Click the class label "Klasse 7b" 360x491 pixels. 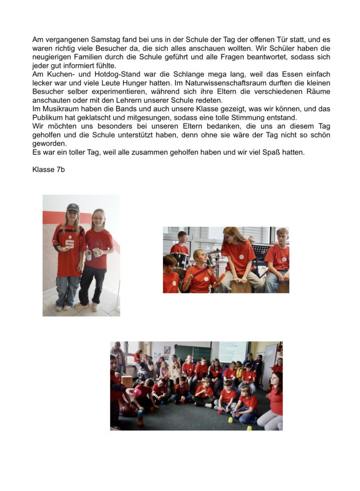pyautogui.click(x=48, y=169)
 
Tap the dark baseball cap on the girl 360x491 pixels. pyautogui.click(x=73, y=207)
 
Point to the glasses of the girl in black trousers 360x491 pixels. pyautogui.click(x=98, y=219)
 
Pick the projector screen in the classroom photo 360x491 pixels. pyautogui.click(x=233, y=351)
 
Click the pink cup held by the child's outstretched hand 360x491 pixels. pyautogui.click(x=138, y=392)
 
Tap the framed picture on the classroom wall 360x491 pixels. pyautogui.click(x=167, y=350)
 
